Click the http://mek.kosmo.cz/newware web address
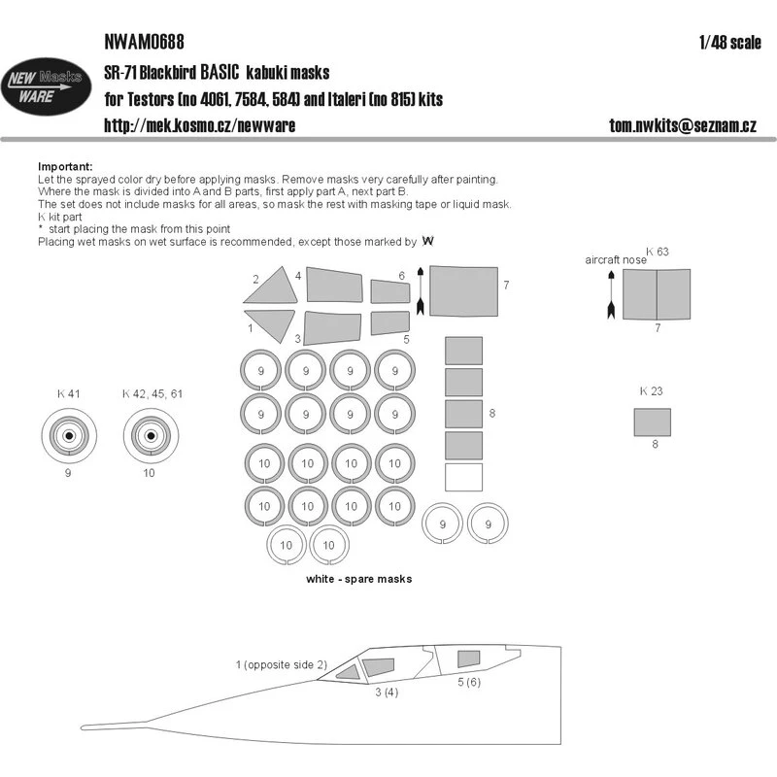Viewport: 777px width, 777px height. pyautogui.click(x=200, y=125)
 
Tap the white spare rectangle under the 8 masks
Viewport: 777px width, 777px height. pyautogui.click(x=463, y=478)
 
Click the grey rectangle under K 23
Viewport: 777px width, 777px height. pyautogui.click(x=652, y=422)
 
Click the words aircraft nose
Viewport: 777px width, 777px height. pyautogui.click(x=616, y=261)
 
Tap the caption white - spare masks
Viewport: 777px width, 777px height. pyautogui.click(x=356, y=579)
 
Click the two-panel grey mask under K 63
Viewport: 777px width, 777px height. pyautogui.click(x=657, y=293)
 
